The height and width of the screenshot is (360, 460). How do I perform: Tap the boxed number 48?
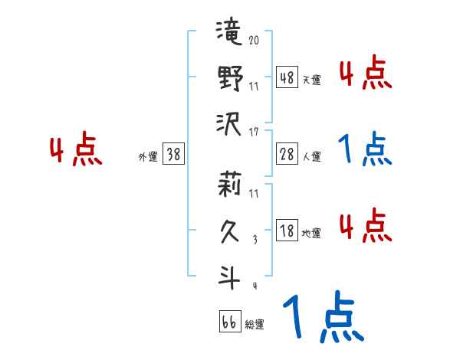click(x=287, y=77)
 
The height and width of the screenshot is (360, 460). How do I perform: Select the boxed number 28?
click(x=287, y=155)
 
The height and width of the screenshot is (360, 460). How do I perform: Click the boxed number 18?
click(x=287, y=231)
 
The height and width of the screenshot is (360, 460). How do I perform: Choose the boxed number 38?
click(x=174, y=155)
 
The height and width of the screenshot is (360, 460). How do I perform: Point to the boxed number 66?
click(x=228, y=322)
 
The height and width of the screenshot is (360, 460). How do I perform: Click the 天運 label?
click(x=311, y=80)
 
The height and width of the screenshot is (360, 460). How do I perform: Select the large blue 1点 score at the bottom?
click(x=321, y=319)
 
